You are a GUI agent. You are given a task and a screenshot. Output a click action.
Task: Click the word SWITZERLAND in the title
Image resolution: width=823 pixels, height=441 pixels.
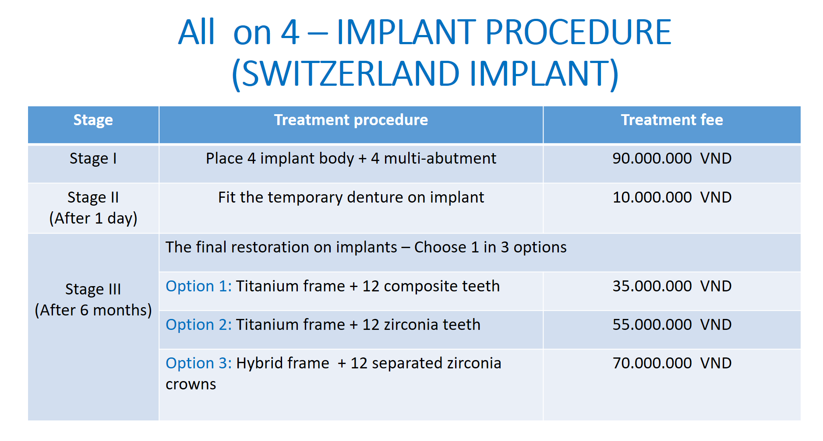pyautogui.click(x=350, y=73)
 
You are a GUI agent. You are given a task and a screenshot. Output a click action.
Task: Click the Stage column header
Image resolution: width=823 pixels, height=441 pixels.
pyautogui.click(x=93, y=120)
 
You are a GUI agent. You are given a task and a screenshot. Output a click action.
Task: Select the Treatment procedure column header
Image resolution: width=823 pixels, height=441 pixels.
pyautogui.click(x=351, y=120)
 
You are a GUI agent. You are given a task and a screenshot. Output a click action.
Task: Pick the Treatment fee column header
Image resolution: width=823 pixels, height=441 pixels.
pyautogui.click(x=672, y=120)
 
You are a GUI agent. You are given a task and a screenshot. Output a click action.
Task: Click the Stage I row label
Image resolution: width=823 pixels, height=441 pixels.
pyautogui.click(x=93, y=158)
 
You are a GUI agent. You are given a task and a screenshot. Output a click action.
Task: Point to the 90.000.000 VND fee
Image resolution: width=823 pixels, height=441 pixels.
pyautogui.click(x=672, y=158)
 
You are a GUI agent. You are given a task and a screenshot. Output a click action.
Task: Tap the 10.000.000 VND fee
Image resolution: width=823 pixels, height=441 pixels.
pyautogui.click(x=672, y=197)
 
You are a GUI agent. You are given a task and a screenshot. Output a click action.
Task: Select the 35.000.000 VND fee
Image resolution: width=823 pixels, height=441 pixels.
pyautogui.click(x=672, y=286)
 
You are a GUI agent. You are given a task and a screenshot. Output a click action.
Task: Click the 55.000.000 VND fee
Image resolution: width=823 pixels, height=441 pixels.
pyautogui.click(x=672, y=325)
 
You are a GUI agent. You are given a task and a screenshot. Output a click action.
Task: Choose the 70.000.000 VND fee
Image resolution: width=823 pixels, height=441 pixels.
pyautogui.click(x=672, y=363)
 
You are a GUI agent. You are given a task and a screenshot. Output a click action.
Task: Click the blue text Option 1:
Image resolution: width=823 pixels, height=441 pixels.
pyautogui.click(x=198, y=286)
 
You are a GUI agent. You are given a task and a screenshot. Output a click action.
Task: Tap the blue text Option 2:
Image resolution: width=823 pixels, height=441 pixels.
pyautogui.click(x=198, y=325)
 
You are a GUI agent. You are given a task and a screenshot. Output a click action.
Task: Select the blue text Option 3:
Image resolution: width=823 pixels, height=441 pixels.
pyautogui.click(x=198, y=363)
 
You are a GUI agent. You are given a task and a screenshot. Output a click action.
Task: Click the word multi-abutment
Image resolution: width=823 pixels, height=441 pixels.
pyautogui.click(x=440, y=158)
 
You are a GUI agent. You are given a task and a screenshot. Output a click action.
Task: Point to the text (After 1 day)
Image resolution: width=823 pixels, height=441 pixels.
pyautogui.click(x=93, y=218)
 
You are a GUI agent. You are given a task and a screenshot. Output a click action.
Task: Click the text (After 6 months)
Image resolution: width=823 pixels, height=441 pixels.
pyautogui.click(x=93, y=310)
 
